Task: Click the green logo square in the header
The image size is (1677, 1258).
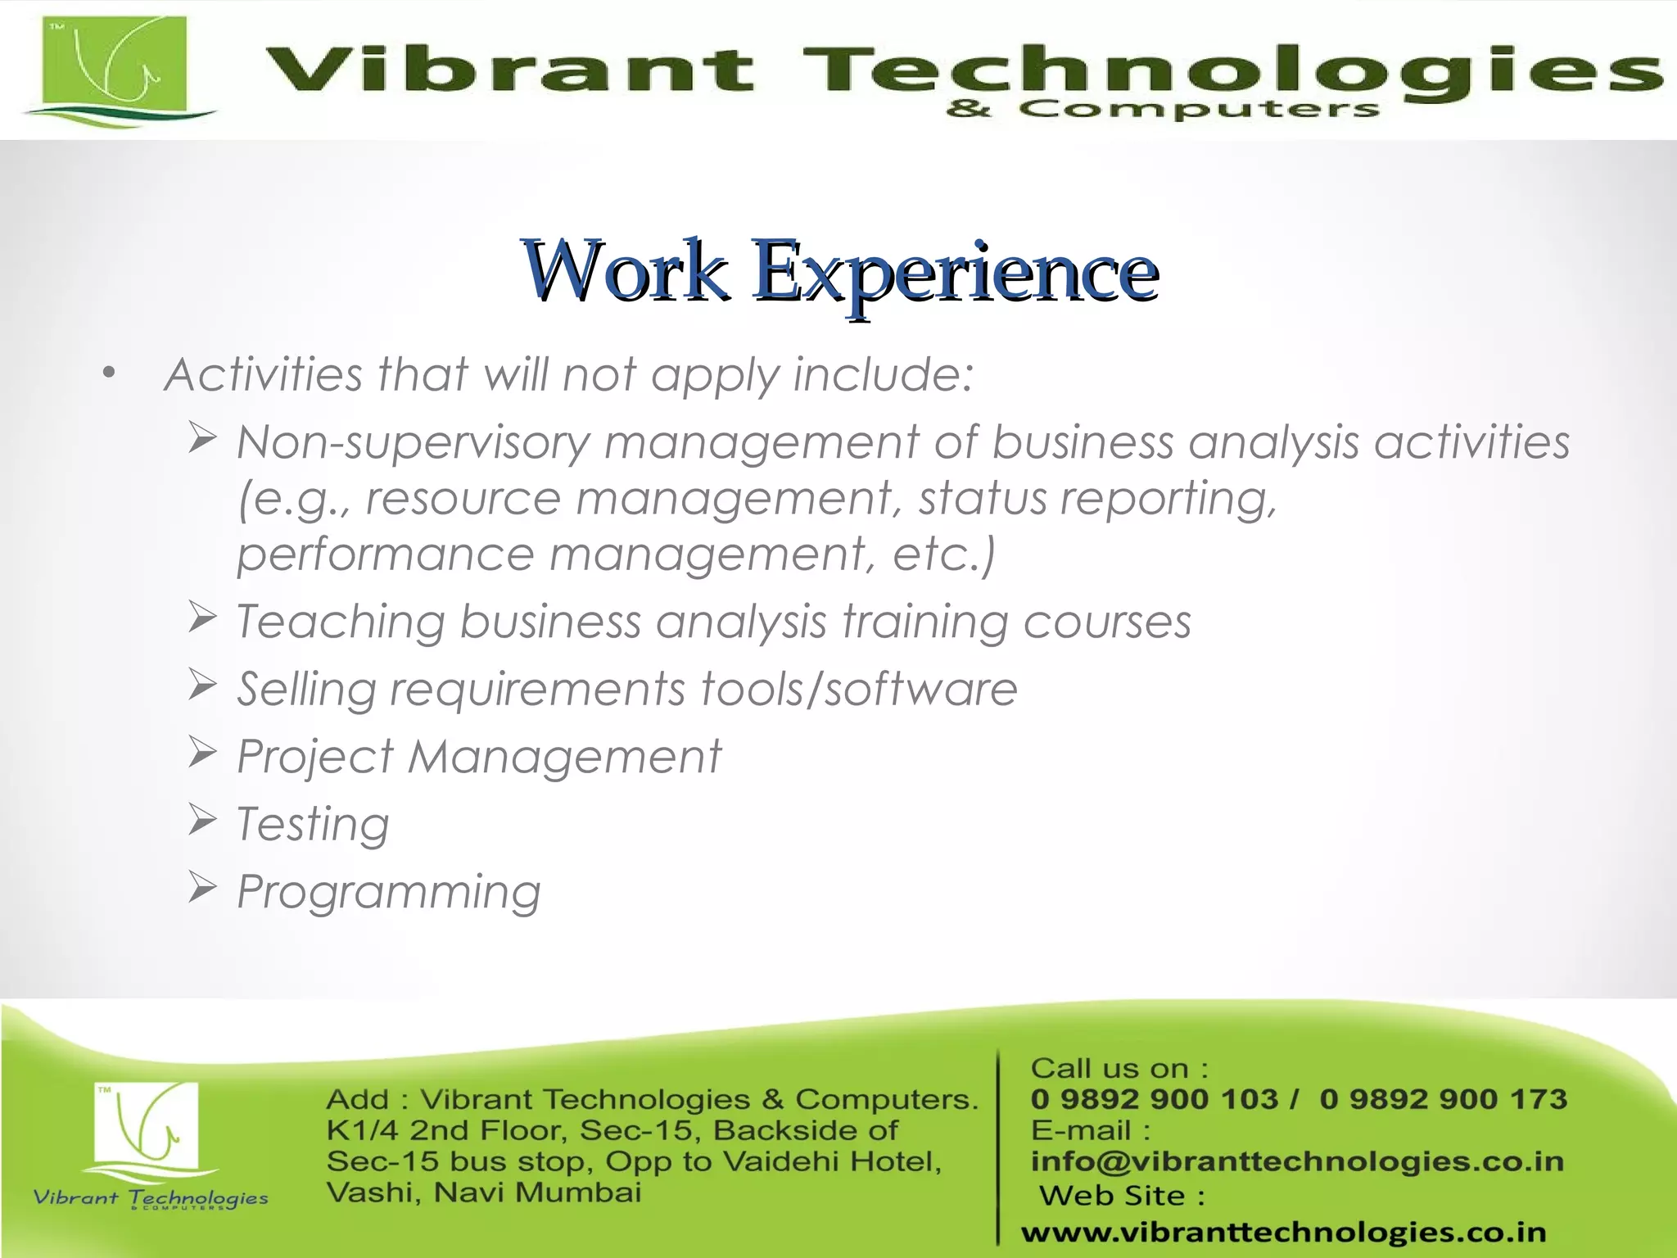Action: point(115,66)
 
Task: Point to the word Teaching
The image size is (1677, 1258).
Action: point(340,622)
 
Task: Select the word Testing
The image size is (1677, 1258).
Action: point(313,824)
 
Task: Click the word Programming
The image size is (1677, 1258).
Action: point(389,892)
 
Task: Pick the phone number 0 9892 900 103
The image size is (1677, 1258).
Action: point(1154,1099)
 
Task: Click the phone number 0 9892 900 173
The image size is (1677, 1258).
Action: point(1443,1099)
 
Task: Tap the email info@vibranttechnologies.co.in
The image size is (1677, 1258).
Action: point(1297,1161)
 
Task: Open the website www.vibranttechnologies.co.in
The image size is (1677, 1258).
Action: point(1284,1232)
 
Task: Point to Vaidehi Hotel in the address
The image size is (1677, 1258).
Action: point(832,1161)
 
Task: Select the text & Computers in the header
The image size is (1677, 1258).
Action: point(1163,109)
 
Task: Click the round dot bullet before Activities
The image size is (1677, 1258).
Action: point(109,374)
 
